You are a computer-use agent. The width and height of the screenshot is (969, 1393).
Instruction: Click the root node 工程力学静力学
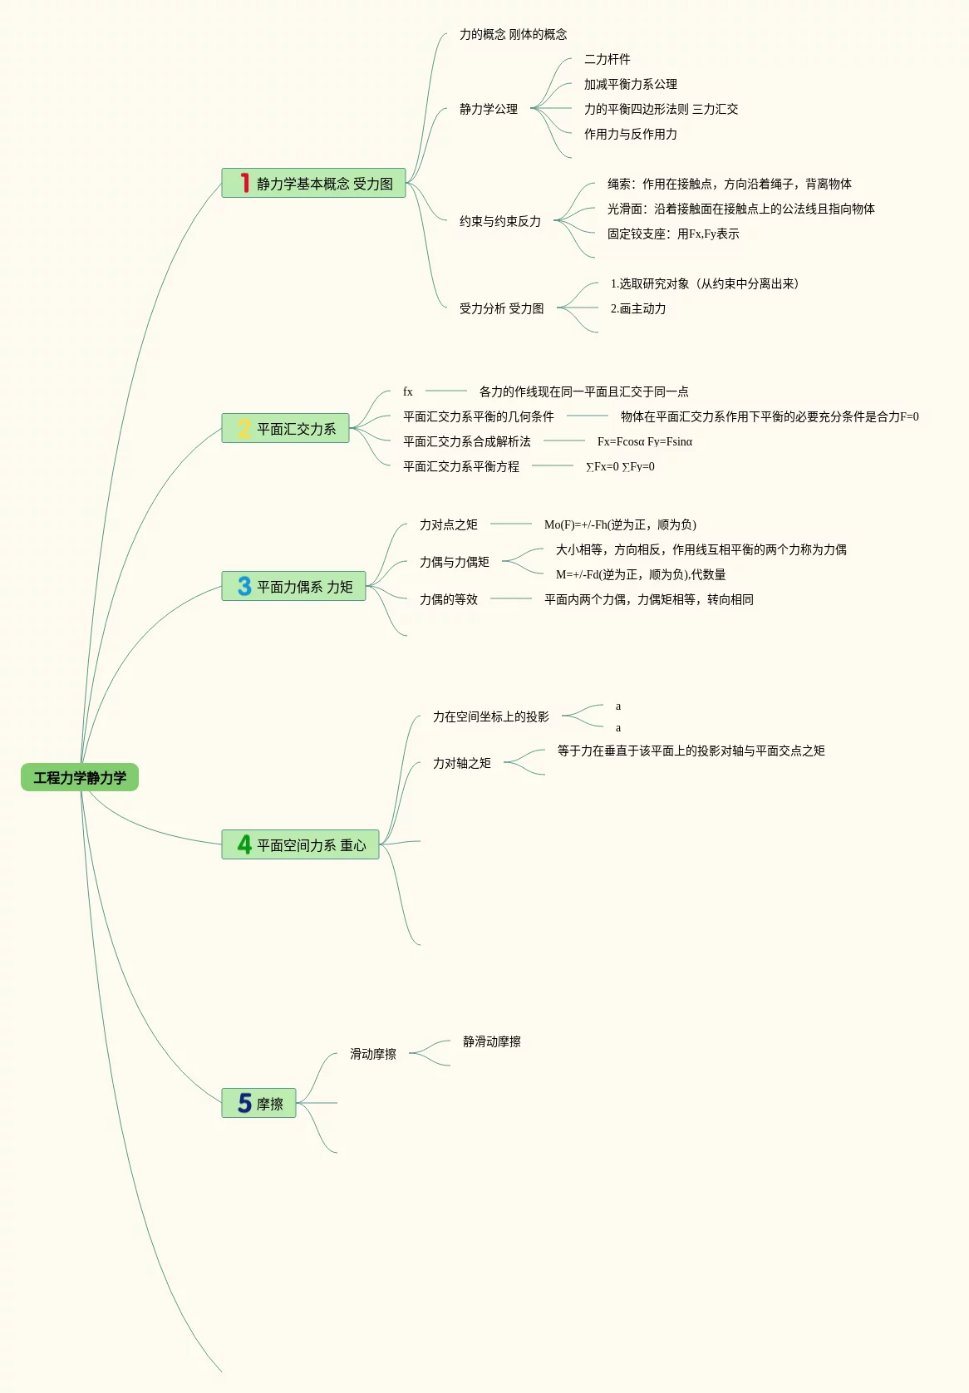pyautogui.click(x=80, y=778)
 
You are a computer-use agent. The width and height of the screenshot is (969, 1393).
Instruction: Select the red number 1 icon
pyautogui.click(x=244, y=183)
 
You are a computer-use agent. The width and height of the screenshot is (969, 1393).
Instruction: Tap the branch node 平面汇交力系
pyautogui.click(x=296, y=429)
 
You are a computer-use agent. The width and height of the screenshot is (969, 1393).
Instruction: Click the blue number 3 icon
pyautogui.click(x=244, y=587)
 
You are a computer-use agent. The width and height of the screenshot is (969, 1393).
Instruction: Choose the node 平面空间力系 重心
pyautogui.click(x=311, y=845)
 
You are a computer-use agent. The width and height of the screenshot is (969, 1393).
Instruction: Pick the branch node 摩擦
pyautogui.click(x=269, y=1104)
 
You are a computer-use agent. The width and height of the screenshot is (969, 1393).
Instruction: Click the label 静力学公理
pyautogui.click(x=489, y=109)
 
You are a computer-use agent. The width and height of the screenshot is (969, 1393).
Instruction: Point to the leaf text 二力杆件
pyautogui.click(x=607, y=59)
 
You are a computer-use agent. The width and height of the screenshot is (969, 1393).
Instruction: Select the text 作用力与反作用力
pyautogui.click(x=630, y=134)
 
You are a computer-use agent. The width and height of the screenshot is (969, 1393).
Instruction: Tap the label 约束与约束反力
pyautogui.click(x=500, y=221)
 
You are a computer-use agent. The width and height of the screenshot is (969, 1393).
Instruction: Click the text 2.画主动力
pyautogui.click(x=638, y=308)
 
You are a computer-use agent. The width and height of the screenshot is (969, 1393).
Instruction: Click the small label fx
pyautogui.click(x=407, y=391)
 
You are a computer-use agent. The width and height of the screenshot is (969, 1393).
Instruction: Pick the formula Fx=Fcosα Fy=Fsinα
pyautogui.click(x=645, y=441)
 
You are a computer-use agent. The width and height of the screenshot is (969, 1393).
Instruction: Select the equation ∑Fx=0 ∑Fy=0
pyautogui.click(x=620, y=466)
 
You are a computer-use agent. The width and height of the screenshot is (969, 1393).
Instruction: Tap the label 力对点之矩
pyautogui.click(x=449, y=524)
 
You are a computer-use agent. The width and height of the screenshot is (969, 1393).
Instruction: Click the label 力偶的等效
pyautogui.click(x=449, y=599)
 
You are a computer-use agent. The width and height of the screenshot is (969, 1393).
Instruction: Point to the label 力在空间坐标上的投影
pyautogui.click(x=490, y=716)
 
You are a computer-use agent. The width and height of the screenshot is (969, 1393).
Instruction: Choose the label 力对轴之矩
pyautogui.click(x=462, y=763)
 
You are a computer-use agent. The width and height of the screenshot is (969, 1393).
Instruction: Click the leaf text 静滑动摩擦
pyautogui.click(x=492, y=1041)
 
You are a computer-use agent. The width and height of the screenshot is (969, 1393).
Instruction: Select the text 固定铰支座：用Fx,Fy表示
pyautogui.click(x=673, y=234)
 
